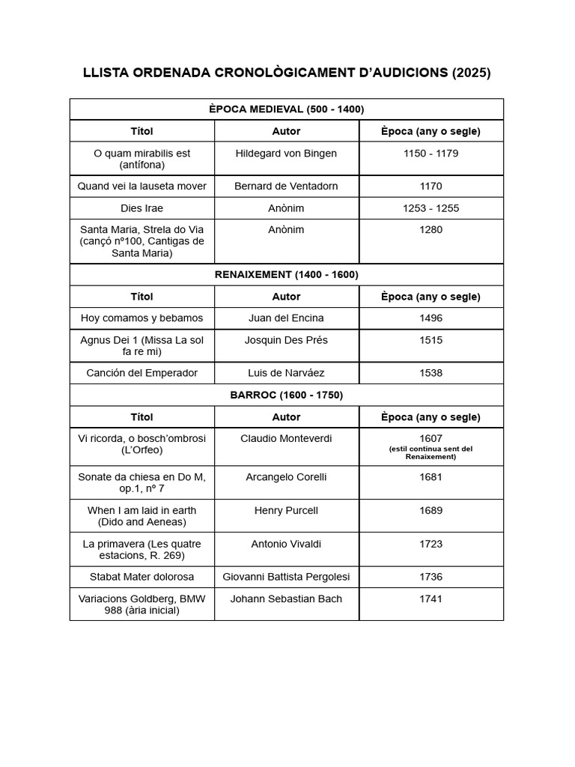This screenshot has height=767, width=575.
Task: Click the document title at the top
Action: [x=287, y=73]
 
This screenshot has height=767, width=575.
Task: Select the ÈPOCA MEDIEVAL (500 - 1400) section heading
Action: [x=286, y=109]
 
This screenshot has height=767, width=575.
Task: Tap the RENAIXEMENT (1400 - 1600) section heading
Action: [x=286, y=275]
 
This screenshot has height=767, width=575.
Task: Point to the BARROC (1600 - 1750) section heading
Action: [x=286, y=395]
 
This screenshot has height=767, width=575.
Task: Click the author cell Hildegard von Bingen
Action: [x=286, y=154]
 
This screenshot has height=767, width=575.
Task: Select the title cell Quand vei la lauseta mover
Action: [x=142, y=186]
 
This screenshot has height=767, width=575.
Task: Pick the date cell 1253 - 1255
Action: [x=431, y=208]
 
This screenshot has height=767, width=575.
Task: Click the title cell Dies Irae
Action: [x=142, y=208]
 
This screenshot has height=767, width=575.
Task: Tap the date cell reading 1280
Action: [x=431, y=230]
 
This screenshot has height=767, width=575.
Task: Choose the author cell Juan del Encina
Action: [x=286, y=318]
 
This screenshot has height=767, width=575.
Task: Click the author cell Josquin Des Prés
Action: [x=286, y=340]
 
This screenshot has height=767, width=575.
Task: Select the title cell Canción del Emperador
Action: [x=142, y=373]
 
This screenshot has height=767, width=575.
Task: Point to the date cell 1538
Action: [x=431, y=373]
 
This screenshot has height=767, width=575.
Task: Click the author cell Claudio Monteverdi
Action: [x=286, y=439]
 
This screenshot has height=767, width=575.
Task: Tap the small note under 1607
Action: [x=431, y=452]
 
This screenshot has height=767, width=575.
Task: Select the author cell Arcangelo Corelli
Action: [x=286, y=477]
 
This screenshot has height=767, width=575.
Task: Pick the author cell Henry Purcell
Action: [x=286, y=511]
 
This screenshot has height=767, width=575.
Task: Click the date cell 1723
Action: [x=431, y=544]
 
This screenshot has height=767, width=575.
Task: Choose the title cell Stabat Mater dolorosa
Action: [x=142, y=577]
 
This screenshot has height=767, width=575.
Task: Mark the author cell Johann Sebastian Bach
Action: [x=286, y=598]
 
